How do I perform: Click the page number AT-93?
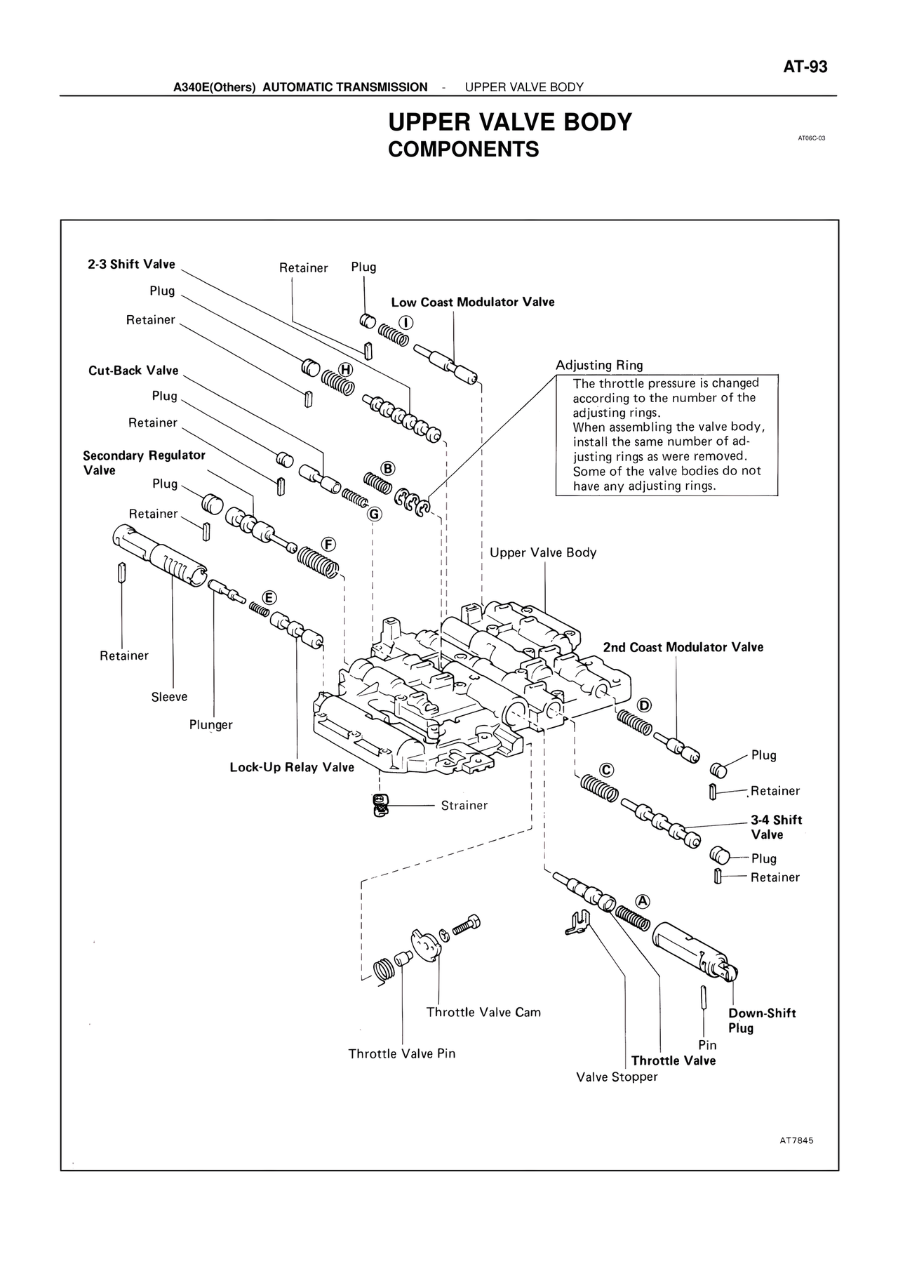(x=805, y=67)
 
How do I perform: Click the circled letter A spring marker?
(x=643, y=901)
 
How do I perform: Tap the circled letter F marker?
(x=328, y=545)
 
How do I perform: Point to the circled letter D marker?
(x=644, y=705)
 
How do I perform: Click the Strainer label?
(x=464, y=806)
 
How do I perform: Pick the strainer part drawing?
(x=380, y=805)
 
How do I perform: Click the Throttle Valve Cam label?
(x=483, y=1012)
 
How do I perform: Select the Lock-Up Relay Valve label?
(x=292, y=767)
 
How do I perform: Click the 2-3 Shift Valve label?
(x=131, y=264)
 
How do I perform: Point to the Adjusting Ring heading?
(x=599, y=365)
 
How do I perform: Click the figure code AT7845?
(x=796, y=1141)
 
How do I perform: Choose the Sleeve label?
(x=169, y=697)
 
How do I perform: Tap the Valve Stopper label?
(x=617, y=1077)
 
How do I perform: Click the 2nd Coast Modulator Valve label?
(x=683, y=647)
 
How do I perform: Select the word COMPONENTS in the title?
(x=463, y=149)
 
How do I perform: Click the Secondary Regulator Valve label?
(x=144, y=463)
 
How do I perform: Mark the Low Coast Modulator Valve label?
(x=472, y=302)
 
